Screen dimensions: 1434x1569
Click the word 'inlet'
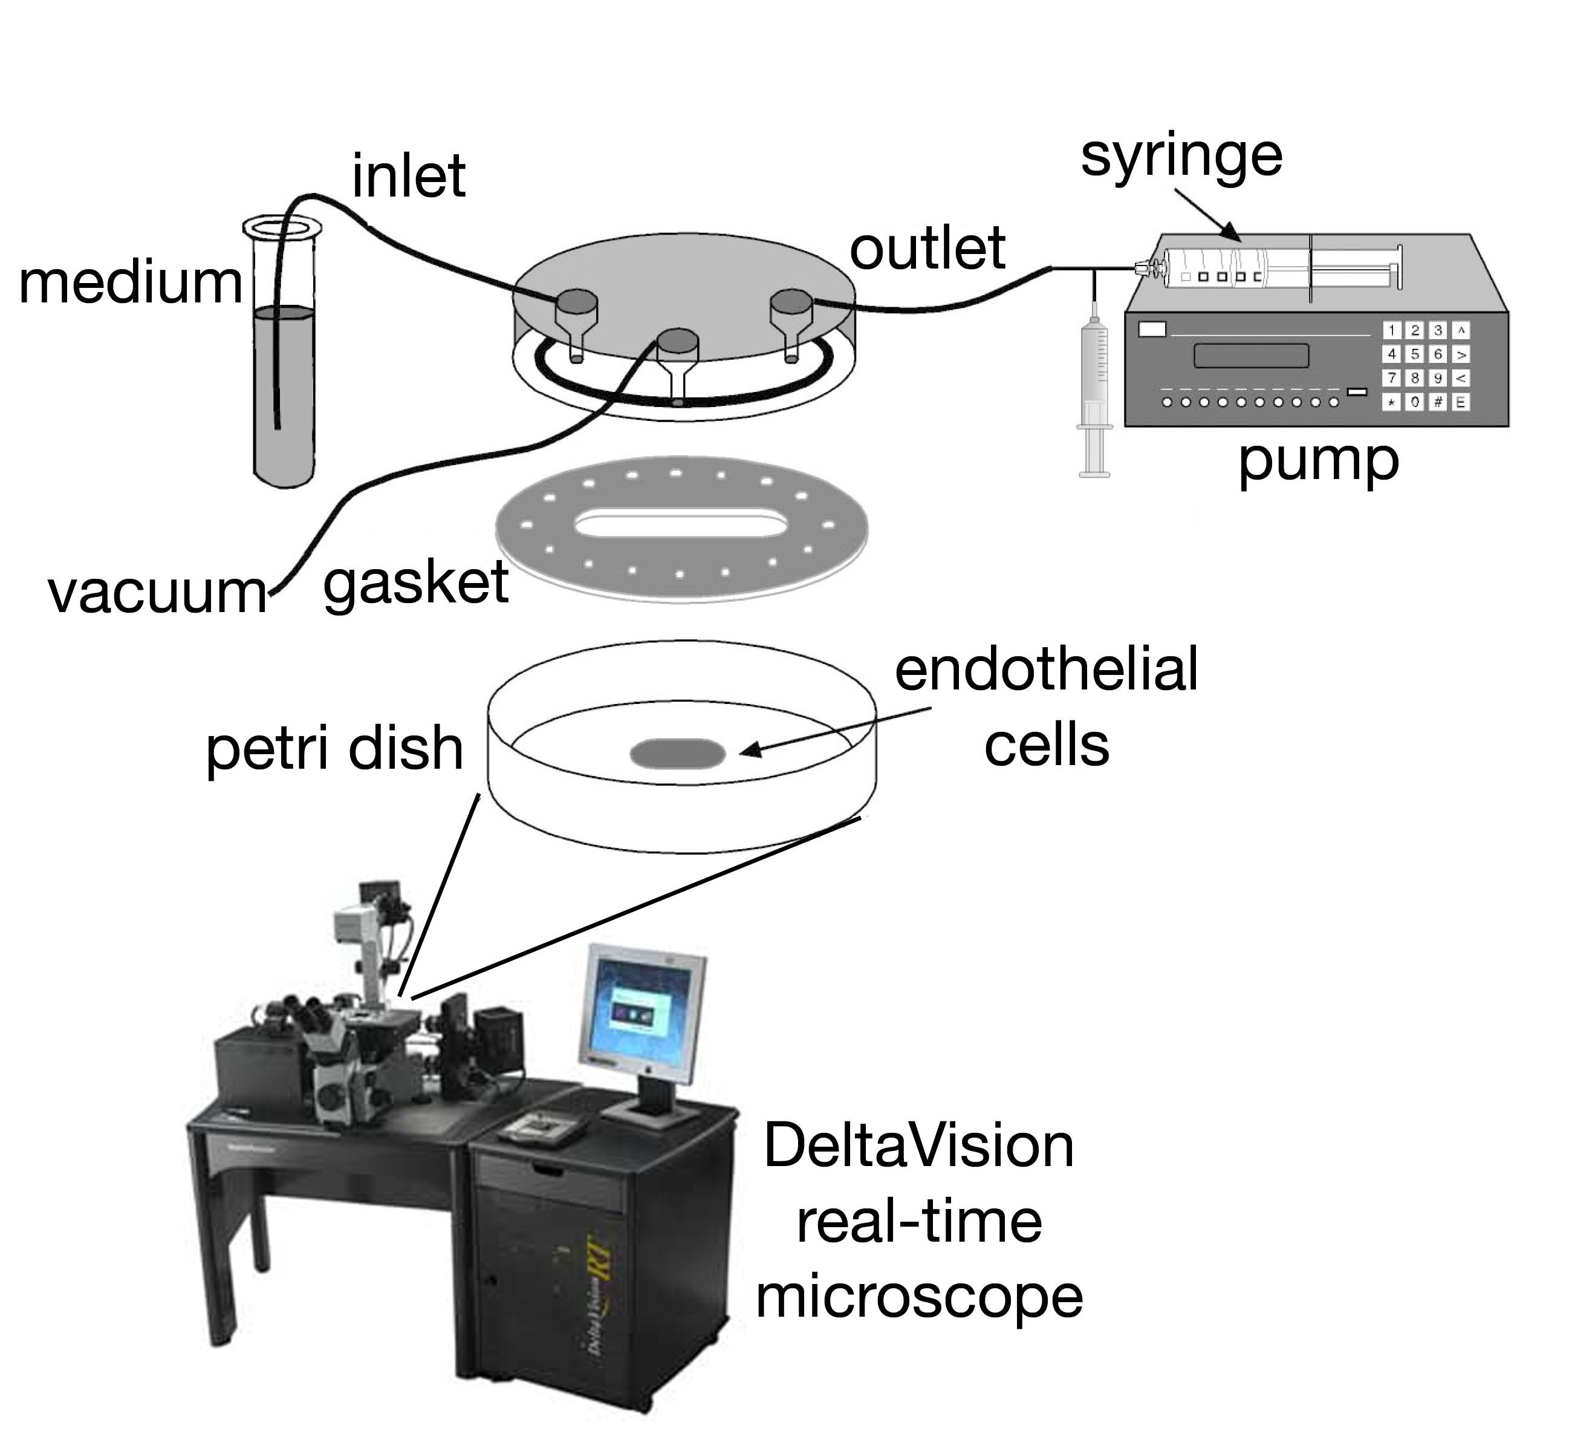pos(409,177)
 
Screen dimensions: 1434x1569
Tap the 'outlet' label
pos(927,249)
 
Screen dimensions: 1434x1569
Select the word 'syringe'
pos(1181,157)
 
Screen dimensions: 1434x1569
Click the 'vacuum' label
pos(158,593)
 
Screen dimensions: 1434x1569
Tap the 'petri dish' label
pos(334,749)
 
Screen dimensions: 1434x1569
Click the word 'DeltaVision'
pos(919,1147)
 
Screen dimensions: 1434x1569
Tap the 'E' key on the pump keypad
pos(1461,402)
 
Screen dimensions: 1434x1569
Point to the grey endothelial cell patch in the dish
pos(677,753)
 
